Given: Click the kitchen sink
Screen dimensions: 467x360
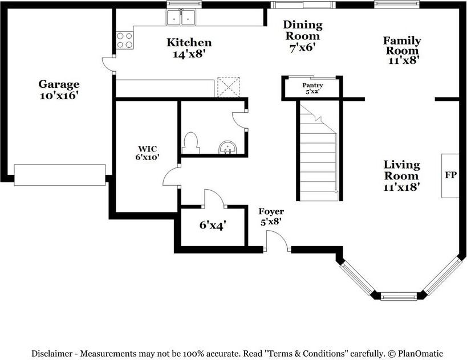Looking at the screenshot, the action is tap(181, 17).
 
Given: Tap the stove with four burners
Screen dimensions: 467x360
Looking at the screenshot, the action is tap(124, 40).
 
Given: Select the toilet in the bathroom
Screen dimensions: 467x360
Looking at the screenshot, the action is tap(190, 143).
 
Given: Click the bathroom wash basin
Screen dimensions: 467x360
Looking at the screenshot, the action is tap(228, 148).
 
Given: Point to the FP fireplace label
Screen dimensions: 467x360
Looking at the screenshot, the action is tap(450, 175).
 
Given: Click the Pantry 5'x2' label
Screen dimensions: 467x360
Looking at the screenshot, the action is tap(312, 88).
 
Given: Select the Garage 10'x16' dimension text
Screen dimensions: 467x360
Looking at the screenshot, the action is tap(59, 96).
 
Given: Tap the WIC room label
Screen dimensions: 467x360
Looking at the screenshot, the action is tap(148, 149).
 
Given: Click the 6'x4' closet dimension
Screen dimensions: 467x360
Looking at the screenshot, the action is tap(213, 225).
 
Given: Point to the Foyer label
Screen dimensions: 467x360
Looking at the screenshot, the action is tap(271, 211).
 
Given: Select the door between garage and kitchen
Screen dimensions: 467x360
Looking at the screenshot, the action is tap(108, 64).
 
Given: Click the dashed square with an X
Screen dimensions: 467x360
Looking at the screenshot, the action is tap(229, 87).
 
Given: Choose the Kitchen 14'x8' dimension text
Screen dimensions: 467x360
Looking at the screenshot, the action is tap(189, 54).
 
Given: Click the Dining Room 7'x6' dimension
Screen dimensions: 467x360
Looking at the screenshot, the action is tap(303, 48).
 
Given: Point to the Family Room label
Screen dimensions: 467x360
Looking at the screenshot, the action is tap(402, 45).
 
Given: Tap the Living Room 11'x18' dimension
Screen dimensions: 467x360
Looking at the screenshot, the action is tap(402, 187).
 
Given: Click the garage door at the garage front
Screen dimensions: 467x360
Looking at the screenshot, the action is tap(59, 175).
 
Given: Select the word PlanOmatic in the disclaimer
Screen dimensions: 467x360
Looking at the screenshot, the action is tap(421, 354).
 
